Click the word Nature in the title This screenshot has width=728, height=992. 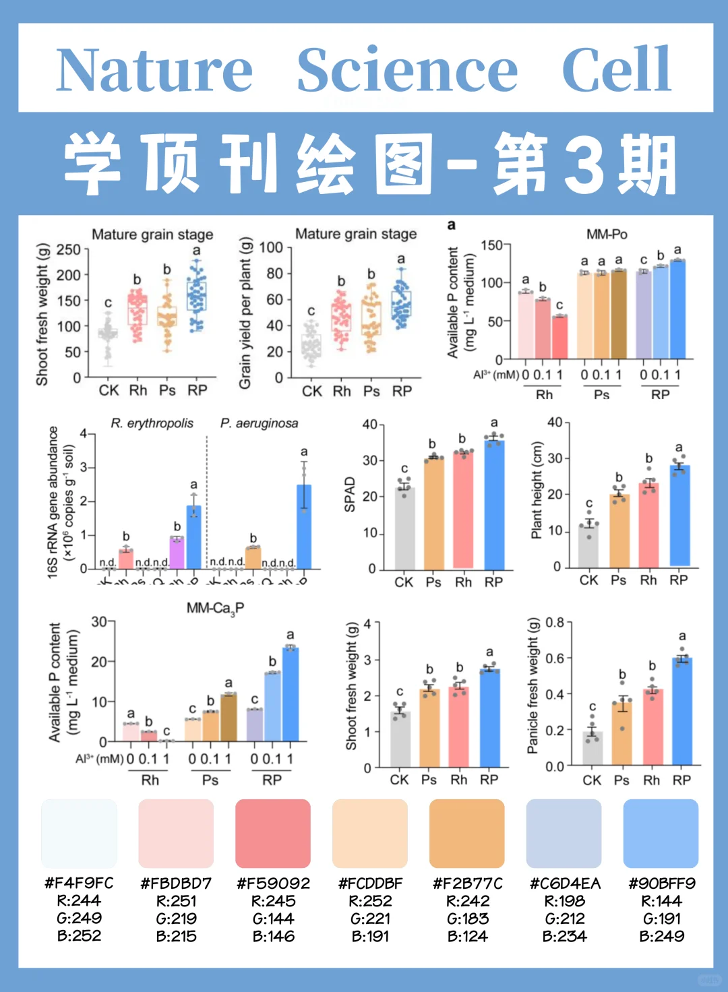click(x=154, y=70)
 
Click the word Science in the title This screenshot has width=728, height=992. click(x=407, y=70)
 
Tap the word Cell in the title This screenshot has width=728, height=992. click(x=616, y=70)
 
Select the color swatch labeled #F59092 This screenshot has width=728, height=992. click(x=273, y=834)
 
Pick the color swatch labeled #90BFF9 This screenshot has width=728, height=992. click(x=661, y=834)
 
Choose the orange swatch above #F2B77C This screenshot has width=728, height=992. click(x=466, y=834)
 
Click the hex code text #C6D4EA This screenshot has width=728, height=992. click(x=564, y=883)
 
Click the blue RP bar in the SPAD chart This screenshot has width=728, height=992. click(x=494, y=505)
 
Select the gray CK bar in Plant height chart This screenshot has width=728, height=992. click(x=588, y=546)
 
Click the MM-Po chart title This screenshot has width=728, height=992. click(x=607, y=234)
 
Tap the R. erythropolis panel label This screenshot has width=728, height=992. click(x=152, y=423)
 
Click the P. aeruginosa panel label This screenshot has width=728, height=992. click(x=259, y=423)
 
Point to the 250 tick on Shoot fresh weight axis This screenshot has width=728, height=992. click(x=68, y=250)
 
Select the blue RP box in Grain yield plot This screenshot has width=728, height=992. click(x=401, y=305)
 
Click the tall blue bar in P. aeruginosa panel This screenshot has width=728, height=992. click(x=304, y=526)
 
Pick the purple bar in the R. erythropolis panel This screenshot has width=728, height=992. click(x=177, y=553)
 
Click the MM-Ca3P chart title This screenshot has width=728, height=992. click(x=215, y=609)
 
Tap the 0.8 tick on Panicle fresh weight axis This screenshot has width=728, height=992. click(x=554, y=622)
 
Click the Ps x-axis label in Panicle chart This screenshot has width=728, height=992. click(x=621, y=780)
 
